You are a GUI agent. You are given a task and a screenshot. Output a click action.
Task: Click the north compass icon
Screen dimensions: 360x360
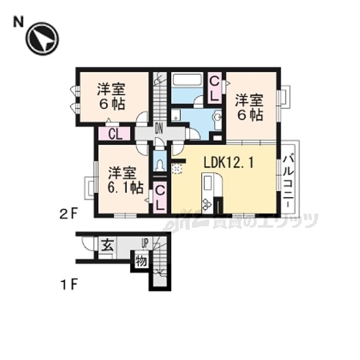42,39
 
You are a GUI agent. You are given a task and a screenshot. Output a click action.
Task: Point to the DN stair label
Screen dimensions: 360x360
159,130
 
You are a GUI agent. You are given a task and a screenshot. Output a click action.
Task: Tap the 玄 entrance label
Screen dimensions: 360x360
106,244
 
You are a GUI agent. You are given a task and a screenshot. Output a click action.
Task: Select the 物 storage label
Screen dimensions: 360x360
140,261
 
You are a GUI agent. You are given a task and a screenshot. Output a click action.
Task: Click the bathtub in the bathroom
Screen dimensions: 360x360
188,81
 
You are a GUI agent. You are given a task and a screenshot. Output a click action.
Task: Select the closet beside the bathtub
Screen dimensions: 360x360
214,87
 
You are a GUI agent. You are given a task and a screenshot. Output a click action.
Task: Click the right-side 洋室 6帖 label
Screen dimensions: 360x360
249,105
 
